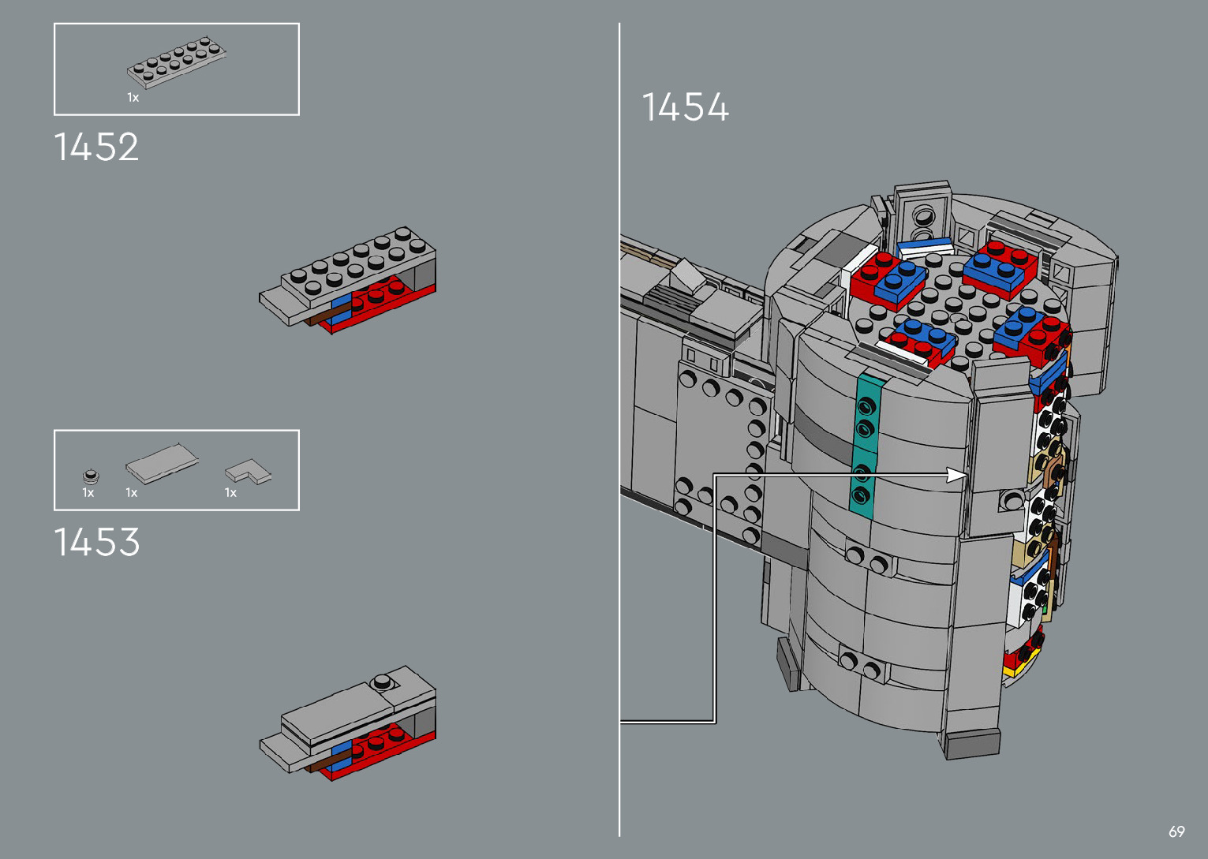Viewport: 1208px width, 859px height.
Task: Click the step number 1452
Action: pyautogui.click(x=96, y=148)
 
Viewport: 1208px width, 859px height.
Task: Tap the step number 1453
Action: pyautogui.click(x=97, y=542)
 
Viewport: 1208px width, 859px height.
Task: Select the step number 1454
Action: pyautogui.click(x=686, y=106)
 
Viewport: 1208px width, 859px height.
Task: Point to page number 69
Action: pyautogui.click(x=1176, y=831)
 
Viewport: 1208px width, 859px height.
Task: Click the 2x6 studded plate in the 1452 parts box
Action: pyautogui.click(x=176, y=62)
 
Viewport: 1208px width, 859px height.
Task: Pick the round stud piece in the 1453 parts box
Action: pyautogui.click(x=92, y=476)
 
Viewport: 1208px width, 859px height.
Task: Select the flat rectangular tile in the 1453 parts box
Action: pyautogui.click(x=162, y=464)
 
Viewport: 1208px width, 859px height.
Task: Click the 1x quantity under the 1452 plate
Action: pyautogui.click(x=133, y=98)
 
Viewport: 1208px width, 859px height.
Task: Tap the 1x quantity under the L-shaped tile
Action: pyautogui.click(x=230, y=493)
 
